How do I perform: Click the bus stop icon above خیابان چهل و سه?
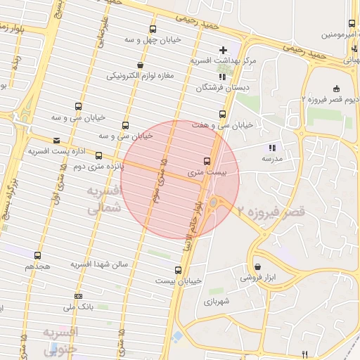pyautogui.click(x=153, y=30)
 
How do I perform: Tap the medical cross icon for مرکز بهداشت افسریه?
pyautogui.click(x=223, y=50)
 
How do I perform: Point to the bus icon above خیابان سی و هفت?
pyautogui.click(x=222, y=113)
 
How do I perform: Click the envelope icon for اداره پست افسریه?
pyautogui.click(x=56, y=141)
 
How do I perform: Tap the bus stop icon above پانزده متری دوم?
pyautogui.click(x=98, y=155)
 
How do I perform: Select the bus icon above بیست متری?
pyautogui.click(x=206, y=160)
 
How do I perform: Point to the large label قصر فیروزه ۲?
pyautogui.click(x=271, y=210)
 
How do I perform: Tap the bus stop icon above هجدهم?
pyautogui.click(x=37, y=256)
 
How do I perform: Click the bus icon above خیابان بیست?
pyautogui.click(x=178, y=269)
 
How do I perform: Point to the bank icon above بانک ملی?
pyautogui.click(x=78, y=296)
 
